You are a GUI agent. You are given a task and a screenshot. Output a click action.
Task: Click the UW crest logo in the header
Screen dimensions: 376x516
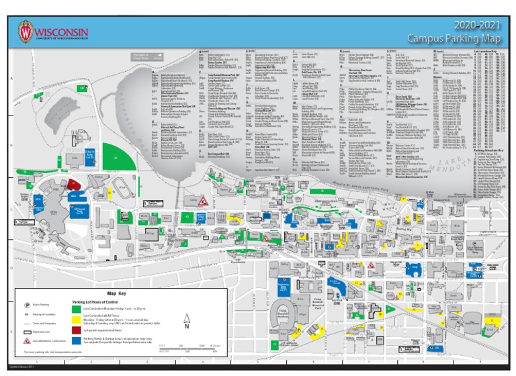[x=26, y=32]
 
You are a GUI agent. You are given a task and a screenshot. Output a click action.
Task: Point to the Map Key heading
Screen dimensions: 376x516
[x=117, y=293]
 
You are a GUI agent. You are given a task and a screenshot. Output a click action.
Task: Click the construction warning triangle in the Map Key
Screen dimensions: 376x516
[x=26, y=341]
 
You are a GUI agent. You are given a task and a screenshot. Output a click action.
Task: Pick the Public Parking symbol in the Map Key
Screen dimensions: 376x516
[x=26, y=304]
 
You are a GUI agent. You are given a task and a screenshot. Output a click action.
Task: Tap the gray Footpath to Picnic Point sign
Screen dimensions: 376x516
[x=148, y=57]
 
